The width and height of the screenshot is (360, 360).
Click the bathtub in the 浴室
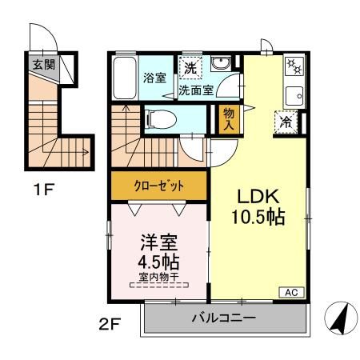click(124, 78)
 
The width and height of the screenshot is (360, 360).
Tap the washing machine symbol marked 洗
click(190, 68)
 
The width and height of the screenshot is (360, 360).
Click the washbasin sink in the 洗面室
click(221, 66)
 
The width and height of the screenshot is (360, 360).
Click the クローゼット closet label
click(158, 186)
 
